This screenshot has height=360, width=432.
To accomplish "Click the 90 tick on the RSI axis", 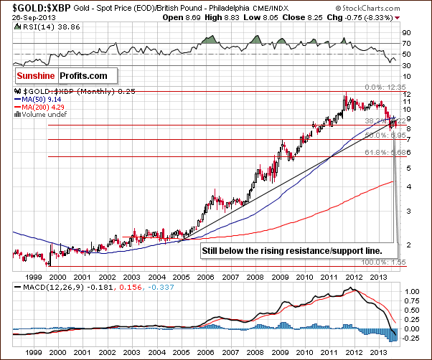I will (x=406, y=32).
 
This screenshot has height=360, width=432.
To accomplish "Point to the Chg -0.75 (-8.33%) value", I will (x=387, y=18).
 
